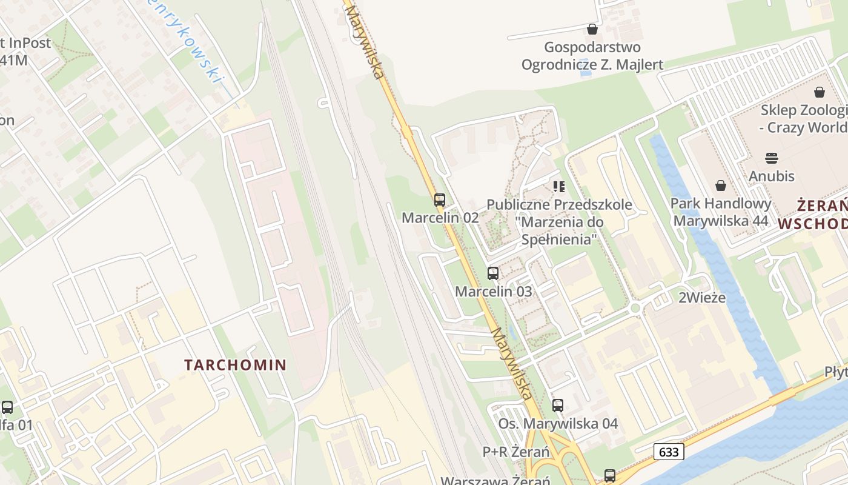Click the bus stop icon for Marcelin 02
click(440, 200)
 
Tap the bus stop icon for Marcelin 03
click(493, 273)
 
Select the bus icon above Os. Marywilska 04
click(558, 406)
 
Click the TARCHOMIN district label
click(236, 365)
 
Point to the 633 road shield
click(669, 452)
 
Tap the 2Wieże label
click(702, 298)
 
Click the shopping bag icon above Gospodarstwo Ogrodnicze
click(592, 29)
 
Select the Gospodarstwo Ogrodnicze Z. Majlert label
click(592, 56)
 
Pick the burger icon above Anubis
click(772, 158)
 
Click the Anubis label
click(772, 176)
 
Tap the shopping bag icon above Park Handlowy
click(721, 186)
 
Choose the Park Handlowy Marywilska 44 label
click(721, 212)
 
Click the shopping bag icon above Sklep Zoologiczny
click(820, 92)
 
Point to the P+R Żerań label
click(516, 452)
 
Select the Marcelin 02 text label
click(440, 218)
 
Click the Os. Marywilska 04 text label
click(558, 424)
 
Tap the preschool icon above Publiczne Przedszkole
click(558, 187)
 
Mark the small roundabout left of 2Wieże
click(635, 309)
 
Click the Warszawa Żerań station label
click(495, 480)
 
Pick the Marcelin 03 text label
click(494, 292)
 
